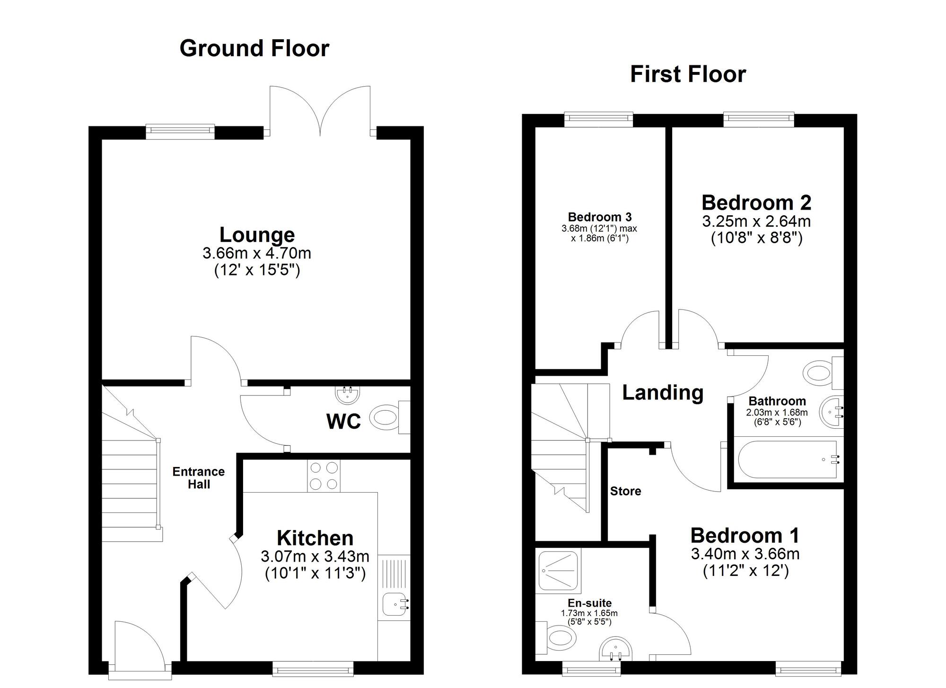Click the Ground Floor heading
(x=254, y=49)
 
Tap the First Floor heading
(x=688, y=75)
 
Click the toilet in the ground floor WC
(x=384, y=417)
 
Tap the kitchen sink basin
(x=395, y=604)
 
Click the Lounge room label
(x=257, y=235)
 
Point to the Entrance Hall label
(x=198, y=477)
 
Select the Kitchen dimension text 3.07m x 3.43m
(x=315, y=556)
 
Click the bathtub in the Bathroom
(x=788, y=459)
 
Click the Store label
(x=625, y=491)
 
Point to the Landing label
(x=663, y=392)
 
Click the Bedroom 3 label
(x=599, y=217)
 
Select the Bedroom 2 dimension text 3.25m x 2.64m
(x=756, y=221)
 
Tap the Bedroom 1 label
(x=745, y=536)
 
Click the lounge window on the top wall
(x=180, y=132)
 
